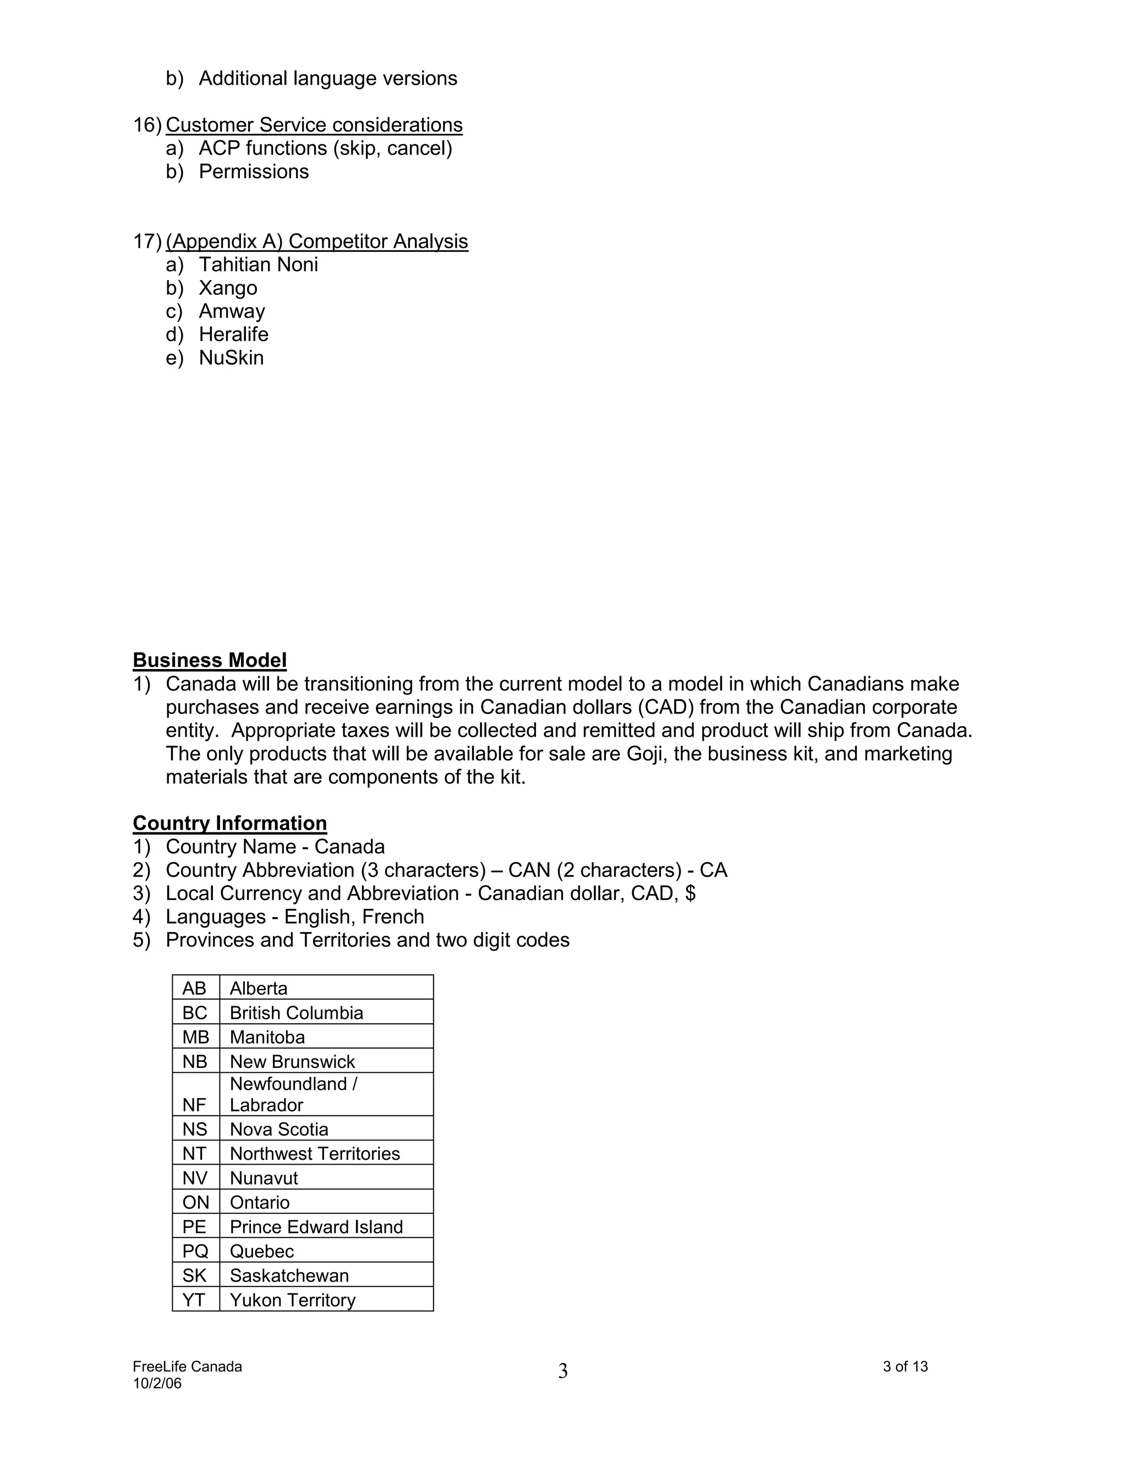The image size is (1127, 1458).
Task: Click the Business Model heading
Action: (x=210, y=660)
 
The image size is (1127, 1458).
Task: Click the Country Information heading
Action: (x=229, y=823)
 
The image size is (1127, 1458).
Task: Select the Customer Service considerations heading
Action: (x=314, y=125)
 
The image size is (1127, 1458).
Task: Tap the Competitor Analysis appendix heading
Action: (x=316, y=241)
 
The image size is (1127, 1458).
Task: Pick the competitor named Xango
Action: (x=228, y=288)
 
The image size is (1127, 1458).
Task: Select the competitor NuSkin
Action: (x=231, y=358)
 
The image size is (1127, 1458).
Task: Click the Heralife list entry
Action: (x=234, y=335)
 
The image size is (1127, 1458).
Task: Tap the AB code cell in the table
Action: (x=194, y=988)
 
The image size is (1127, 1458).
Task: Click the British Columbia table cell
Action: (x=297, y=1013)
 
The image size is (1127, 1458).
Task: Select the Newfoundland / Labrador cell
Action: (x=294, y=1094)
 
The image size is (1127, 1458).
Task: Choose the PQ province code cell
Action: (x=195, y=1251)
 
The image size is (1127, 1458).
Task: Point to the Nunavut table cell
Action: (x=264, y=1179)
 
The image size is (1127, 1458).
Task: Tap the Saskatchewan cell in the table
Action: (x=289, y=1276)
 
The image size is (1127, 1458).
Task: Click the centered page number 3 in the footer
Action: (x=563, y=1371)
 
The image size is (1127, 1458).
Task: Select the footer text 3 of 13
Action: (x=905, y=1367)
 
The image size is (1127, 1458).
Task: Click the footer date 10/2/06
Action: (x=157, y=1383)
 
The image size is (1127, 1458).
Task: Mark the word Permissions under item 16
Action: (x=254, y=172)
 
